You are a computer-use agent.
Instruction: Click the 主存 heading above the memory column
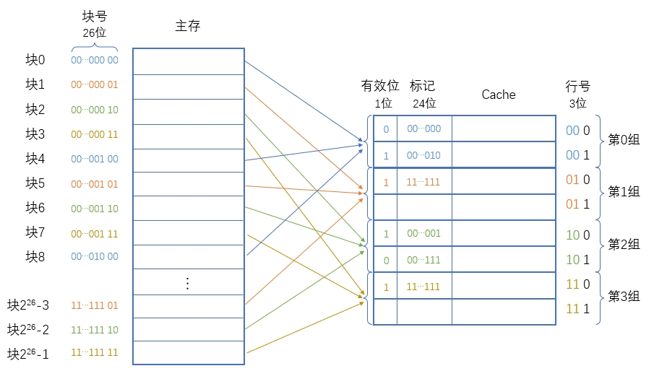(187, 26)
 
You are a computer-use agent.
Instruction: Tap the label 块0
(35, 60)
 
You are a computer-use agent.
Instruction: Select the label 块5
(35, 183)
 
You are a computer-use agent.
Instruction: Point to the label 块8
(35, 256)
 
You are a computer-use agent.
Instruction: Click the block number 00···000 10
(95, 110)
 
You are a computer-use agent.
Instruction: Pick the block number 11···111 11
(95, 354)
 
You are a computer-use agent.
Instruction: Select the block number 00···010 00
(95, 256)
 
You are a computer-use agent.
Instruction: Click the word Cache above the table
(499, 95)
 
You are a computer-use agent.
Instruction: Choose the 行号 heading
(577, 87)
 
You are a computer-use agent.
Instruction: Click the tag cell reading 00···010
(423, 155)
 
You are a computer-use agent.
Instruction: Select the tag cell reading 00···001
(423, 234)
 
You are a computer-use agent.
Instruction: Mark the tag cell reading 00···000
(423, 129)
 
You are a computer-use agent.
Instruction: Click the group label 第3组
(624, 296)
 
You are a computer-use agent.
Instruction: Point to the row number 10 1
(577, 259)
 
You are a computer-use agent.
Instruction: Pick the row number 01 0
(577, 179)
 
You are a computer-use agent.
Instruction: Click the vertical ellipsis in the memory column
(187, 283)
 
